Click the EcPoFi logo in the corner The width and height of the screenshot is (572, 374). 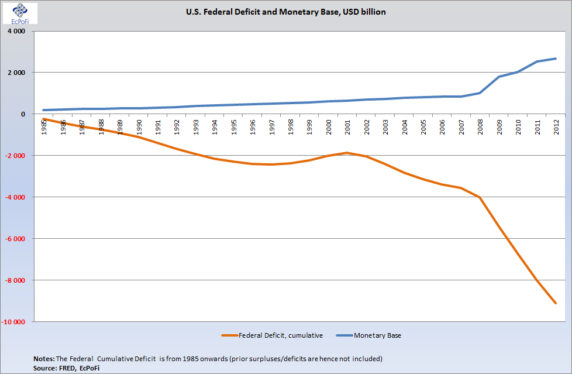(20, 13)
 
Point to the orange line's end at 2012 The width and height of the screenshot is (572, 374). (556, 303)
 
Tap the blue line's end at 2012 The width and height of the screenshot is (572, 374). (556, 59)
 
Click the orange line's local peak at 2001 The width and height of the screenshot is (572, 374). (347, 153)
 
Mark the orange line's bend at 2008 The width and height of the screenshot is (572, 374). (480, 197)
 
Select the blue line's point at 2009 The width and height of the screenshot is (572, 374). (499, 77)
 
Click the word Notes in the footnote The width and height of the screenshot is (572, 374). (44, 358)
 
